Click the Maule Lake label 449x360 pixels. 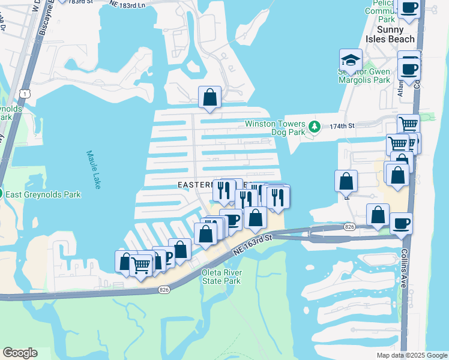[x=93, y=170]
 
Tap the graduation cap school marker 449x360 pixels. [x=351, y=61]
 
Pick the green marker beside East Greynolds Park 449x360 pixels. [x=2, y=193]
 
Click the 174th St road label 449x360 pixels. [x=342, y=126]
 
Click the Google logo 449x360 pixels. [x=20, y=353]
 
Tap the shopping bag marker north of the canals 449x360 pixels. [x=209, y=97]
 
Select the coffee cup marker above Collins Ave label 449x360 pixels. [x=401, y=224]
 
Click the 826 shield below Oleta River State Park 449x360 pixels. [x=163, y=290]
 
